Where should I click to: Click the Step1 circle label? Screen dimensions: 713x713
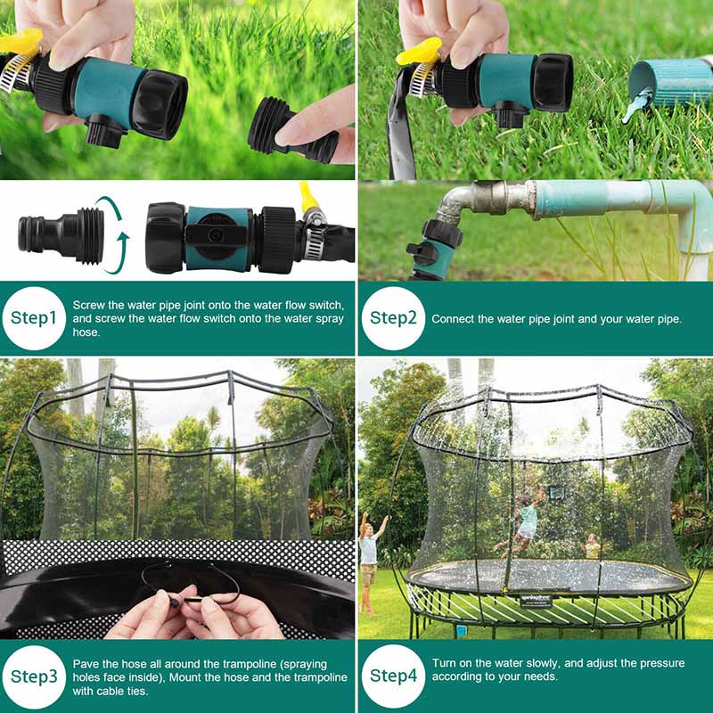pos(34,318)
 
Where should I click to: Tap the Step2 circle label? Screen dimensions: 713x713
pos(393,318)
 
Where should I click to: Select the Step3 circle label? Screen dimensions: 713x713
pos(34,675)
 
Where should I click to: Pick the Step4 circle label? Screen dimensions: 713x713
pos(393,675)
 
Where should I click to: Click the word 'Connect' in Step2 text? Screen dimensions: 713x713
pos(453,318)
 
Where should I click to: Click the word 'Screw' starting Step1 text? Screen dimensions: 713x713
pos(87,304)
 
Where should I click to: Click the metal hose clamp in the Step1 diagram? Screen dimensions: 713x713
pos(313,239)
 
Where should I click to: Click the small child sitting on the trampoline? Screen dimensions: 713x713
pos(592,547)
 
